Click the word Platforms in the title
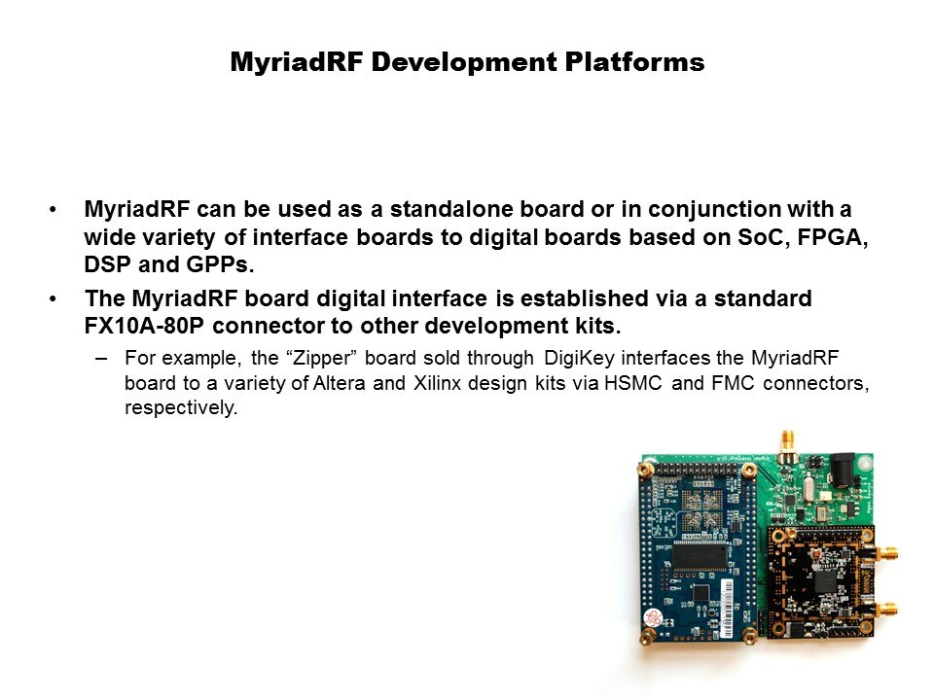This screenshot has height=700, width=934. click(x=634, y=62)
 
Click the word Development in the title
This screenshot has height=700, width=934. click(x=464, y=62)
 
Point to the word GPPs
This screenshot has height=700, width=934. click(x=220, y=264)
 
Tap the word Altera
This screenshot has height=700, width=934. click(x=338, y=383)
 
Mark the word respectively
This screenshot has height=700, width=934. click(x=181, y=408)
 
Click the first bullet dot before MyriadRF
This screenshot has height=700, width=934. click(x=53, y=210)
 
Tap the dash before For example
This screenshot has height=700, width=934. click(x=101, y=359)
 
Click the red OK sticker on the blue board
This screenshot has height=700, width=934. click(x=653, y=617)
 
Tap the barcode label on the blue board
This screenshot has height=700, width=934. click(x=729, y=608)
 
